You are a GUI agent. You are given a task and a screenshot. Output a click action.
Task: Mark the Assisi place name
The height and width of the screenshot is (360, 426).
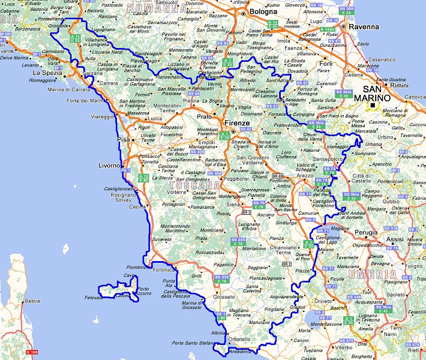pyautogui.click(x=394, y=239)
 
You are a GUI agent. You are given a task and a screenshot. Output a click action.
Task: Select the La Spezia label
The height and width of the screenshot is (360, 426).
pyautogui.click(x=43, y=73)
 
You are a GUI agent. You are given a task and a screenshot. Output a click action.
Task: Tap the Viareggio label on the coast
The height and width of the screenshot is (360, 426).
pyautogui.click(x=101, y=118)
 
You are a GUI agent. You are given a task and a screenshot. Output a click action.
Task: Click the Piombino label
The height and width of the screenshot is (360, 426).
pyautogui.click(x=137, y=267)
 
